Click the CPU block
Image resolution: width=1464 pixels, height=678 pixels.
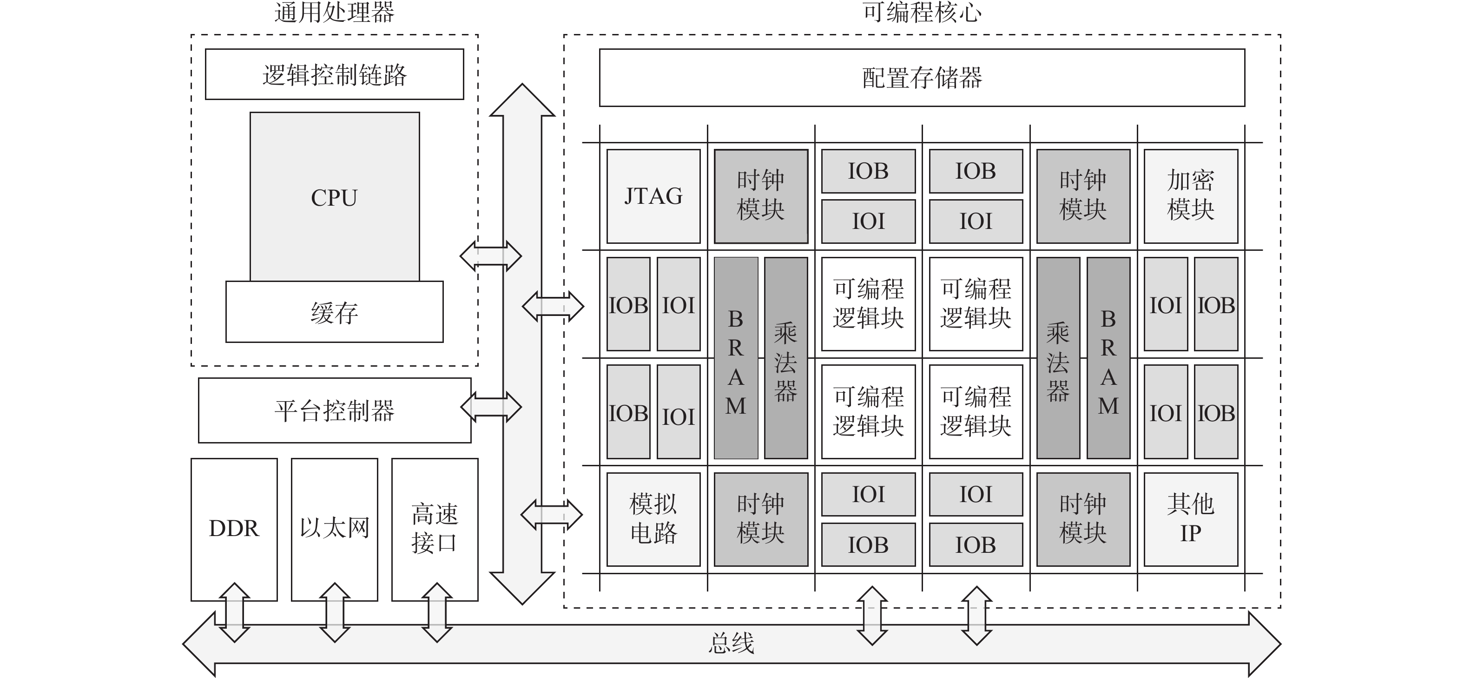[x=334, y=197]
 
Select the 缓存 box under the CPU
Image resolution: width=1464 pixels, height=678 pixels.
[x=334, y=312]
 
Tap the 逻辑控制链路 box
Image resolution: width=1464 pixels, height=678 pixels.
[x=334, y=74]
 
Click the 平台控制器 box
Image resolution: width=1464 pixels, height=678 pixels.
[x=334, y=410]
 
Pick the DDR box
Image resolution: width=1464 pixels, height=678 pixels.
[x=234, y=529]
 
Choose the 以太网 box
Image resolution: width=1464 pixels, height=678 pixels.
[x=334, y=529]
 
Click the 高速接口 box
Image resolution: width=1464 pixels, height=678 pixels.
[x=435, y=529]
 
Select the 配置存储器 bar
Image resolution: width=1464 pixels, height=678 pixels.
[x=922, y=78]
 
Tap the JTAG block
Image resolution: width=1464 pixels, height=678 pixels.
[x=653, y=196]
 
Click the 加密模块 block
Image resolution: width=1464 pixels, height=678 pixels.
[x=1191, y=196]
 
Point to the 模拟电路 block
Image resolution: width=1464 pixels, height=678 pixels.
[x=653, y=519]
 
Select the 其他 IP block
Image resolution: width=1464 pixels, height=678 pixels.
[x=1191, y=519]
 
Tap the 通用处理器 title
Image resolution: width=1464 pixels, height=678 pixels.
[x=334, y=13]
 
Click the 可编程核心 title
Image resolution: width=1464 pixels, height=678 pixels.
[x=922, y=13]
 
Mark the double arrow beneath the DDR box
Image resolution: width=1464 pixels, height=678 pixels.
[x=234, y=612]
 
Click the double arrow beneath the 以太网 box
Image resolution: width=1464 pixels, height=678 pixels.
[x=335, y=612]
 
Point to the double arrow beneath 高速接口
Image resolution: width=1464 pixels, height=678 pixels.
[x=436, y=612]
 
